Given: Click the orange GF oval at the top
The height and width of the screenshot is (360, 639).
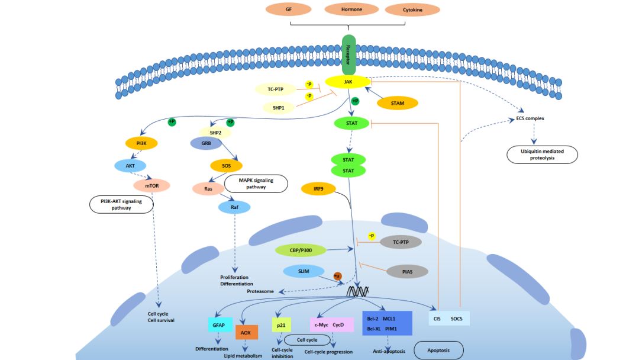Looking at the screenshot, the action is click(289, 9).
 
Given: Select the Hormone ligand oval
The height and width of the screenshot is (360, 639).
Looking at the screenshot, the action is click(351, 9).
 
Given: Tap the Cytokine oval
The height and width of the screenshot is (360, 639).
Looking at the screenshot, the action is click(412, 10).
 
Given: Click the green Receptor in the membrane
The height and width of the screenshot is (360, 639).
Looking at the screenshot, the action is click(348, 55).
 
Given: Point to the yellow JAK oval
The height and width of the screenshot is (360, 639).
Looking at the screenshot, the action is click(348, 82).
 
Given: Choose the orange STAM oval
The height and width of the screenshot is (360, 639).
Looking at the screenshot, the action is click(398, 103).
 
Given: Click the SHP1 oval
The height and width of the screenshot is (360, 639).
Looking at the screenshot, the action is click(279, 108).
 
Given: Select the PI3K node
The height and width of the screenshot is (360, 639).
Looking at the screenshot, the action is click(141, 143).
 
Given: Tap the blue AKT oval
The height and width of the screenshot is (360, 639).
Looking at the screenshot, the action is click(130, 166).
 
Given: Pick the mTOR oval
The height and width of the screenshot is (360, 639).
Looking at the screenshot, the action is click(151, 186).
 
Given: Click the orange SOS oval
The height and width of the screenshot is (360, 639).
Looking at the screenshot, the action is click(226, 166).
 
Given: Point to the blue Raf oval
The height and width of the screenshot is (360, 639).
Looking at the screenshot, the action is click(234, 207).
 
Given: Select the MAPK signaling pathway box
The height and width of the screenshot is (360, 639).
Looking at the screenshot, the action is click(256, 184).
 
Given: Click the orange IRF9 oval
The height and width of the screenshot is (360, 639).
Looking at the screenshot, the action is click(318, 189).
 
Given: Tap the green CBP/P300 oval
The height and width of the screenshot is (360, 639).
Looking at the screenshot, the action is click(301, 250).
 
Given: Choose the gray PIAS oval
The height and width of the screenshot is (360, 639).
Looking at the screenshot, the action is click(407, 272).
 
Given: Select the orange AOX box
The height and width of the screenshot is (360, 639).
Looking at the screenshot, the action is click(247, 333).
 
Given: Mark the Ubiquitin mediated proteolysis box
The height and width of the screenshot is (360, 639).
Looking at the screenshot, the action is click(542, 155).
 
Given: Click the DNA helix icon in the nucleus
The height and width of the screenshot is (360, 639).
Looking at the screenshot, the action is click(357, 291).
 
